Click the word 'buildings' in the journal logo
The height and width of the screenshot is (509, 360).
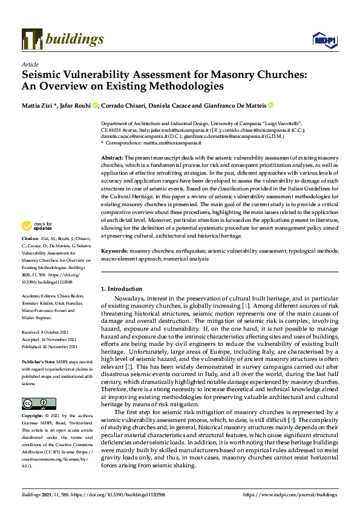(x=77, y=39)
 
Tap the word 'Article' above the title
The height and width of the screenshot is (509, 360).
(x=30, y=64)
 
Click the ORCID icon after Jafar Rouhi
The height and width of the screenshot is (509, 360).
(x=96, y=105)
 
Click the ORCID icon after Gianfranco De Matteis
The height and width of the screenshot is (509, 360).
(x=271, y=105)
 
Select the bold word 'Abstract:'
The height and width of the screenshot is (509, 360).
(x=112, y=157)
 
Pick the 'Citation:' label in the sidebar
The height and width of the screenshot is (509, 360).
(x=31, y=239)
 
